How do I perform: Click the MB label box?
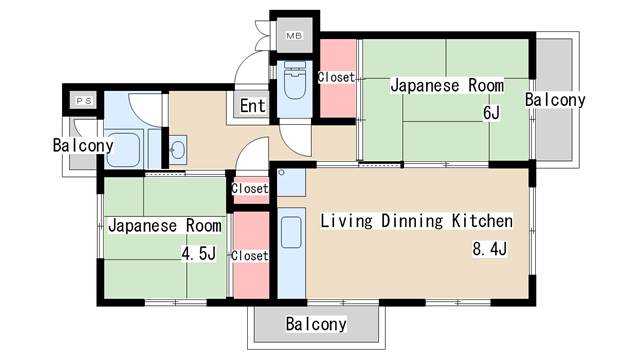[294, 37]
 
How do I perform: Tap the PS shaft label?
[82, 102]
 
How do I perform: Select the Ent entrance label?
[252, 105]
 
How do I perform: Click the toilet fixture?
[295, 83]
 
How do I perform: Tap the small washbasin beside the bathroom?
[178, 152]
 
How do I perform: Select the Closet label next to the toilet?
[335, 77]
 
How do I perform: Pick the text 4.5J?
[198, 254]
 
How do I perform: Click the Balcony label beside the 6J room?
[554, 100]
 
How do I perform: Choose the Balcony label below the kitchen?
[316, 324]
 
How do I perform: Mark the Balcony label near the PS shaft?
[82, 146]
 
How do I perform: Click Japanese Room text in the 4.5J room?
[165, 225]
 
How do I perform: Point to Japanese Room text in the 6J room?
[440, 86]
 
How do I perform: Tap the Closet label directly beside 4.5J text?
[249, 256]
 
